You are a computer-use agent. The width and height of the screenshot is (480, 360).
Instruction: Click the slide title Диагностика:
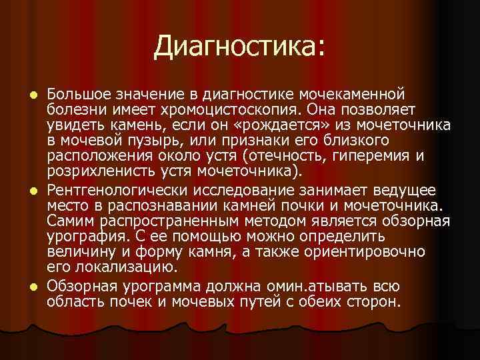point(240,46)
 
